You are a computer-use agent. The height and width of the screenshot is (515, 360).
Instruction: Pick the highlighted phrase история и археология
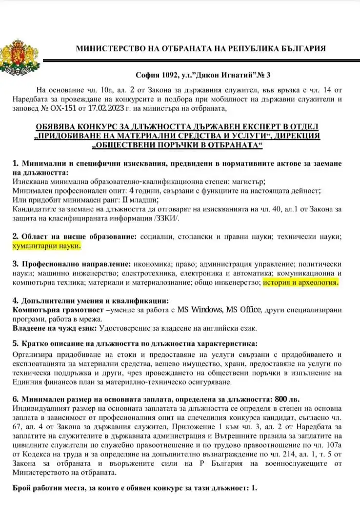coord(300,282)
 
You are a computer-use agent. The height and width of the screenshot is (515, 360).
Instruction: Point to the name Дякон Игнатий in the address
coord(222,75)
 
